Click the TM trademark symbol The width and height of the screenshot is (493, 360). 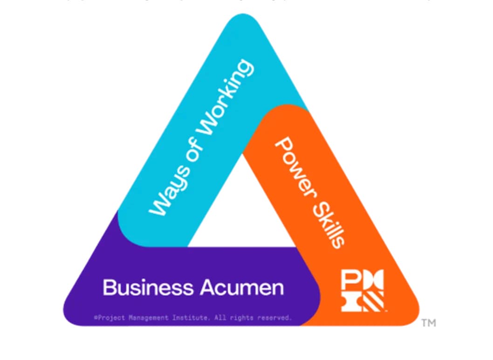[428, 323]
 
